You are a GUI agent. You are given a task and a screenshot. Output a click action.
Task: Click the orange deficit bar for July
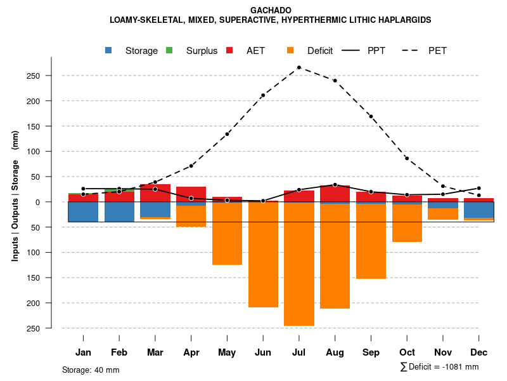(299, 264)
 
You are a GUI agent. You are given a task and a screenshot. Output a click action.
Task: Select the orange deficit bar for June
(263, 254)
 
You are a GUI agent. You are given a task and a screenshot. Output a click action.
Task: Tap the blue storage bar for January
(83, 212)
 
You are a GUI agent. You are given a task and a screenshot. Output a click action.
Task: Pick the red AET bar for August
(335, 194)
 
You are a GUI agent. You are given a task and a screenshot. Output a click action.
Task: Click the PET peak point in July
(299, 67)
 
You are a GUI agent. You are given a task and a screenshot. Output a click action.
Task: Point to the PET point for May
(227, 134)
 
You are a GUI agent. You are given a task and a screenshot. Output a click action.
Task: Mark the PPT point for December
(478, 189)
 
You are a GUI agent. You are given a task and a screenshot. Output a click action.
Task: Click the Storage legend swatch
(109, 50)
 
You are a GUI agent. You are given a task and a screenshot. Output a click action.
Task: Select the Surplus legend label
(202, 51)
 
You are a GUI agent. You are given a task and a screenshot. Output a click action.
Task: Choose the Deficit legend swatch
(291, 50)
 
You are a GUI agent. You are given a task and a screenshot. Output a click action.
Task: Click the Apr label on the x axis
(191, 352)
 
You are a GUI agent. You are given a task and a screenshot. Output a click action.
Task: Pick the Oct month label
(407, 352)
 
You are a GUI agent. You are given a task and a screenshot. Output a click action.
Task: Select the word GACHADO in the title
(271, 11)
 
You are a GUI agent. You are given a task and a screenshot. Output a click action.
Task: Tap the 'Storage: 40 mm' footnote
(91, 370)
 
